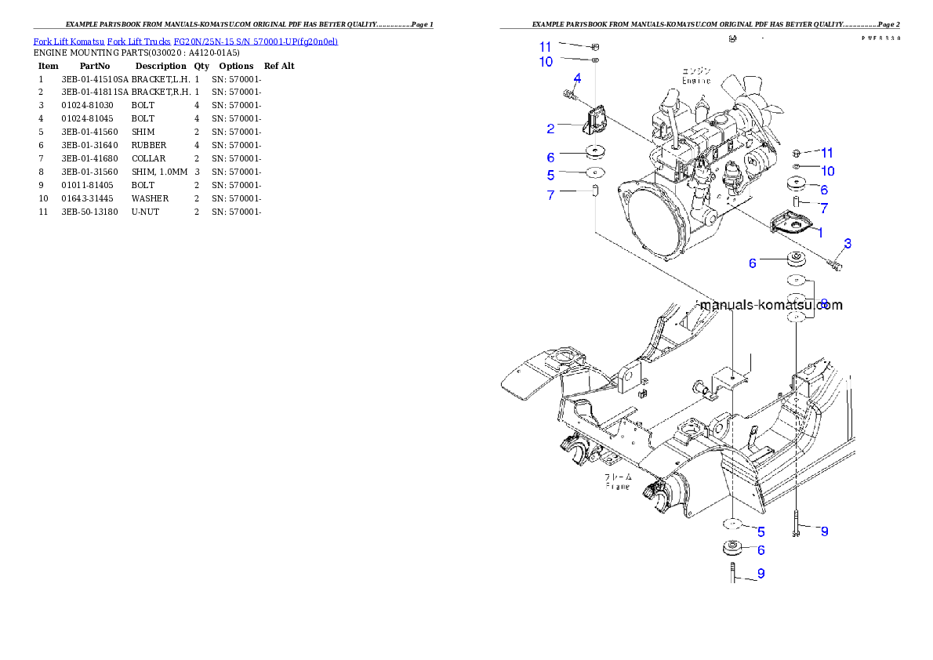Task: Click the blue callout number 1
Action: [820, 232]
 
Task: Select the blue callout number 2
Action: [551, 128]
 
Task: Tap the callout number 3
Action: [848, 244]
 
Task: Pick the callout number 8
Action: [824, 302]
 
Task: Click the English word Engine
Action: [695, 81]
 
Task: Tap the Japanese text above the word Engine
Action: [695, 71]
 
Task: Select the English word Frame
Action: [618, 486]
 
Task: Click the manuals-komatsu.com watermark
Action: [771, 305]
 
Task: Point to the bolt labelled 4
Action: [568, 95]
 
